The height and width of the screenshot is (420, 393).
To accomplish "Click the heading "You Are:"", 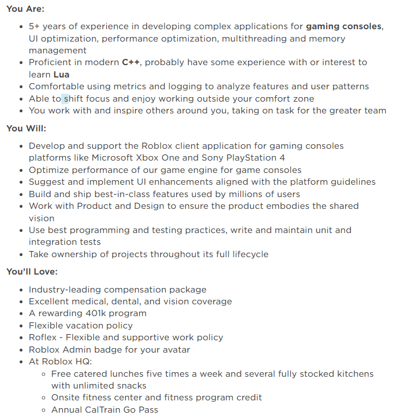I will tap(25, 10).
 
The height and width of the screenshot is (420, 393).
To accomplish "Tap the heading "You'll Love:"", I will tap(32, 272).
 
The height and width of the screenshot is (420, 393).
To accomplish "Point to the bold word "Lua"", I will tap(62, 74).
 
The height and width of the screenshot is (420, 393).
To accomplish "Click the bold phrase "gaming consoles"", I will tap(344, 26).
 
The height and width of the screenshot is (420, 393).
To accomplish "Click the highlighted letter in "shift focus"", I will tap(66, 99).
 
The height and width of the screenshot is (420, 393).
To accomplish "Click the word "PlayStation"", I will tap(250, 158).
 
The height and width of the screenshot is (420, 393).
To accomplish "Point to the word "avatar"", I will tap(173, 350).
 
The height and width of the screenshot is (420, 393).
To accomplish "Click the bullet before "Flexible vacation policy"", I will tap(21, 326).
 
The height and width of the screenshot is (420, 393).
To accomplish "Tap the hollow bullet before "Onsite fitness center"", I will tap(44, 398).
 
